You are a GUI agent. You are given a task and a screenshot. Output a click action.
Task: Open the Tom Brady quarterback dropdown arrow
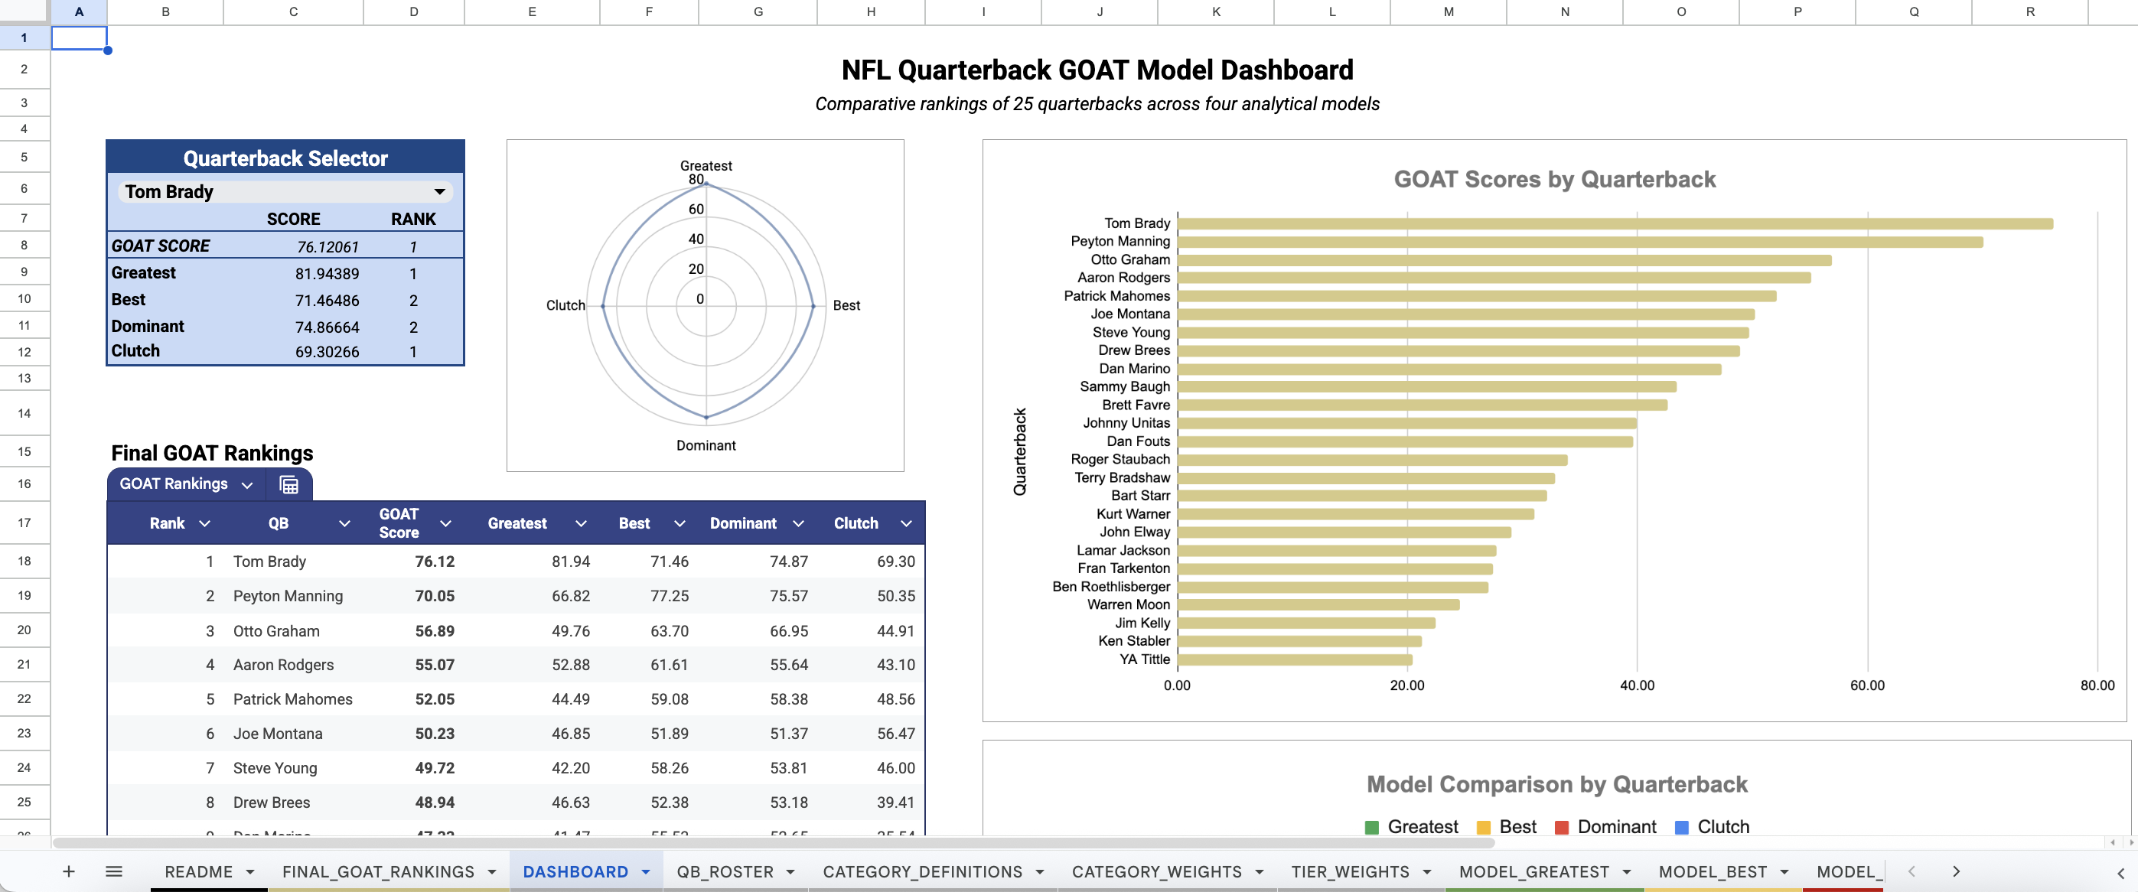tap(439, 192)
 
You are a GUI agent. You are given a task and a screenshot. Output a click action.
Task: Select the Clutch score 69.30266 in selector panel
tap(327, 352)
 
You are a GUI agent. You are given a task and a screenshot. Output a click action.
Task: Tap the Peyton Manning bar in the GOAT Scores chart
tap(1579, 242)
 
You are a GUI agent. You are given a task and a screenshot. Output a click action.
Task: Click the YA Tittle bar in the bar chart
tap(1294, 659)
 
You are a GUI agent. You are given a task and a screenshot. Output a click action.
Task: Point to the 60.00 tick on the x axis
tap(1866, 685)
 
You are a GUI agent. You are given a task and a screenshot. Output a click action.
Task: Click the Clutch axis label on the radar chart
tap(565, 305)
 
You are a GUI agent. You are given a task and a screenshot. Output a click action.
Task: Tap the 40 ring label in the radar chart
tap(696, 239)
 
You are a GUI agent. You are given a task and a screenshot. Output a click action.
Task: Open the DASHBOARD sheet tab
tap(575, 871)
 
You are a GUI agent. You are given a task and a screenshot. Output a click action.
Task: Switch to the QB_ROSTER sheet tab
tap(725, 871)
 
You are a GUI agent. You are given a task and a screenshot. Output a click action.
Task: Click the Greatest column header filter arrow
tap(581, 523)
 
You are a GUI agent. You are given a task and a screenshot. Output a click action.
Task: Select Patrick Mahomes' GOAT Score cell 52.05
tap(435, 699)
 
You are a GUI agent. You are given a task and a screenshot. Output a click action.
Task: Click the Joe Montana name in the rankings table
tap(277, 734)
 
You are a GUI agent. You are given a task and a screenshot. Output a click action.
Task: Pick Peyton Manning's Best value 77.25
tap(669, 596)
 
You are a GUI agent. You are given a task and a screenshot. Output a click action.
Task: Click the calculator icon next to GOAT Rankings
tap(288, 484)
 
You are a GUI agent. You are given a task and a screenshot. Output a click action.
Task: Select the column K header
tap(1216, 11)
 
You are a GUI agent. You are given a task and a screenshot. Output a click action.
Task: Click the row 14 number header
tap(24, 413)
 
